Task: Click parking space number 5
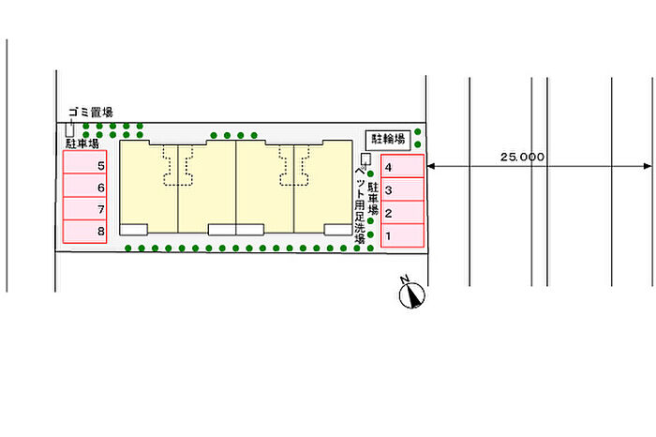click(x=85, y=164)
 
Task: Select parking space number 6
click(x=85, y=187)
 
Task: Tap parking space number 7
click(x=85, y=209)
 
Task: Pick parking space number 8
click(x=85, y=231)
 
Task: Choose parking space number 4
click(x=402, y=167)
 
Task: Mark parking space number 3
click(x=402, y=190)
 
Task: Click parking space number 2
click(x=402, y=213)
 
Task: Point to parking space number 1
click(x=402, y=235)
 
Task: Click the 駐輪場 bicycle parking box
click(x=387, y=140)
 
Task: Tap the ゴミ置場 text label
click(x=90, y=113)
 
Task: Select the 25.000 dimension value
click(x=522, y=158)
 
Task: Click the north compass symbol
click(x=411, y=295)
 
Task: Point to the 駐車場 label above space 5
click(x=82, y=144)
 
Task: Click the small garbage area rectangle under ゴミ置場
click(x=70, y=130)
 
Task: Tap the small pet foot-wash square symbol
click(x=365, y=158)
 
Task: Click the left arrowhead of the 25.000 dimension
click(x=432, y=167)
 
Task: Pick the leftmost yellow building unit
click(x=150, y=186)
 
